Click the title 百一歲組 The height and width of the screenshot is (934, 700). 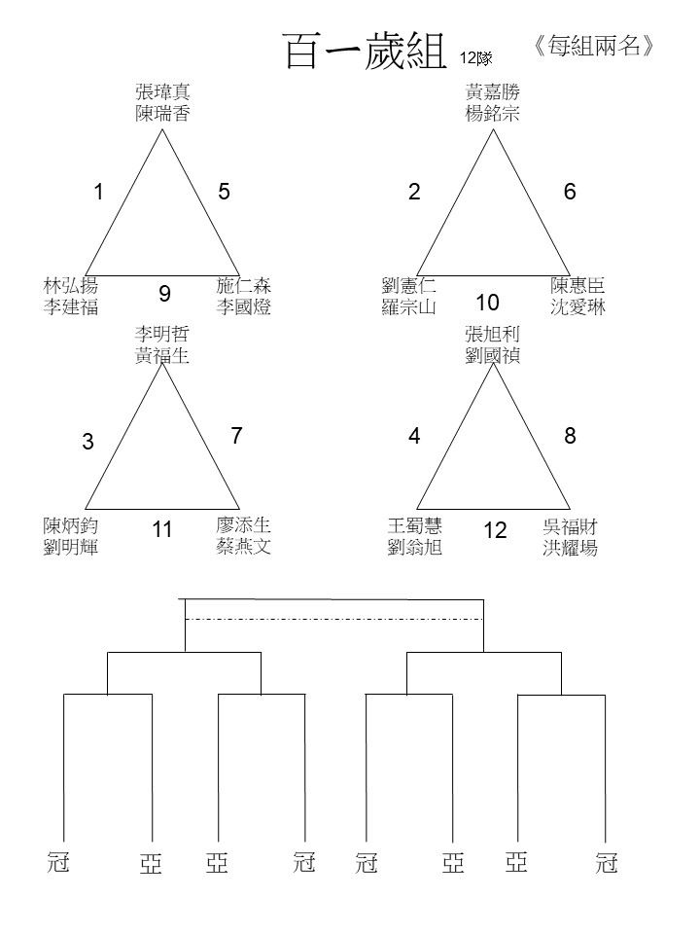[365, 51]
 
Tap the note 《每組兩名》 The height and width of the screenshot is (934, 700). [593, 46]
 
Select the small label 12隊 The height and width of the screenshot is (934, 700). [475, 58]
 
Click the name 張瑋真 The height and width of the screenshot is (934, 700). [162, 91]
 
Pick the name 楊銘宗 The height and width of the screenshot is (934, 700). [492, 113]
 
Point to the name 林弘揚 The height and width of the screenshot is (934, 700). [70, 285]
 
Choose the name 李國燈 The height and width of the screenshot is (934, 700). [243, 306]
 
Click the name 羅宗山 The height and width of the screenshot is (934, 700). [409, 306]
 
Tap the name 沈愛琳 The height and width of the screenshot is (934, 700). [577, 306]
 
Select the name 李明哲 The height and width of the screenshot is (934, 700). [162, 334]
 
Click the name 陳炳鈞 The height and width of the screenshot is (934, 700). [70, 525]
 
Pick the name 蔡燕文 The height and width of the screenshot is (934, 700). [243, 546]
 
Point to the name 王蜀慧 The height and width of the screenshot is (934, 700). [415, 525]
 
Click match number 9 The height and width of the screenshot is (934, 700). [165, 294]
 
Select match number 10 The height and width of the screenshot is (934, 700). [487, 303]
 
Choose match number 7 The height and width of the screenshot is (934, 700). [236, 436]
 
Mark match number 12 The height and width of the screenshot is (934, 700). [495, 530]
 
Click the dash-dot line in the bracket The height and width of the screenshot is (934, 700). [333, 620]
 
